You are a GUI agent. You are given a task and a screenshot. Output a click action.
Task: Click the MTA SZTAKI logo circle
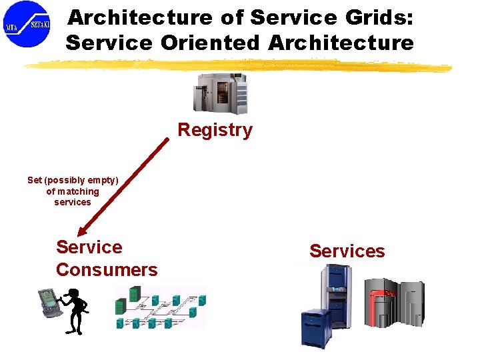pyautogui.click(x=27, y=24)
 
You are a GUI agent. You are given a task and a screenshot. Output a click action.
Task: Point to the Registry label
pyautogui.click(x=215, y=129)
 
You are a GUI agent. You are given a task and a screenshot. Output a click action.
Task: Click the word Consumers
pyautogui.click(x=107, y=269)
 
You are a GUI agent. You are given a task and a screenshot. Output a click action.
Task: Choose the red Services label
pyautogui.click(x=347, y=251)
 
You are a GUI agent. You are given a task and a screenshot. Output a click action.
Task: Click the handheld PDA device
pyautogui.click(x=49, y=301)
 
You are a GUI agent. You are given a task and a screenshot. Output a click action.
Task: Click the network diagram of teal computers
pyautogui.click(x=160, y=307)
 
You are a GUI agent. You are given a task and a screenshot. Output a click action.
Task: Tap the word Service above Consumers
pyautogui.click(x=89, y=247)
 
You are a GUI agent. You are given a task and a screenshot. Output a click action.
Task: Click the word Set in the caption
pyautogui.click(x=35, y=180)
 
